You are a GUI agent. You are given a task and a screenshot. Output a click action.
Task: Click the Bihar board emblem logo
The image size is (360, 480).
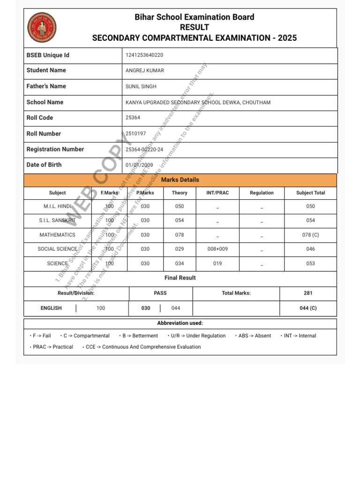42,28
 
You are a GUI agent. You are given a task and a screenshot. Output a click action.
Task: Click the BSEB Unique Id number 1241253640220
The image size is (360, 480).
144,55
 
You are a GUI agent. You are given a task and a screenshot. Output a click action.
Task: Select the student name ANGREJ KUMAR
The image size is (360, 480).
145,71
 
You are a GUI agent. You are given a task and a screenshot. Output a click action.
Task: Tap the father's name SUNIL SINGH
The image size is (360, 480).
141,87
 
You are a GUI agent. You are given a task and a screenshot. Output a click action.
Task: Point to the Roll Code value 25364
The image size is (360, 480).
133,118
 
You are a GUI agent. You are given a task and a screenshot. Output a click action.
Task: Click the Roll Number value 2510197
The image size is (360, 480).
136,134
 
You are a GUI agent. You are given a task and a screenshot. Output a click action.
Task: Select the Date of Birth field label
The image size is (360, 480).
44,165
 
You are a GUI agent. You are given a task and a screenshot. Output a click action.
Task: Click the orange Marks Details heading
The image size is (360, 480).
180,180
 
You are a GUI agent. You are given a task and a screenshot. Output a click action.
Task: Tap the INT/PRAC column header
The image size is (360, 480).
217,193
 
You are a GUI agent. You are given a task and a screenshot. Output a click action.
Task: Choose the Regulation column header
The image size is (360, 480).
262,193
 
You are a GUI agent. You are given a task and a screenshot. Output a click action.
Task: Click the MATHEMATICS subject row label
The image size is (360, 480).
57,235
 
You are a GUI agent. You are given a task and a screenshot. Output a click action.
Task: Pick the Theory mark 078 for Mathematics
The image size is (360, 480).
180,235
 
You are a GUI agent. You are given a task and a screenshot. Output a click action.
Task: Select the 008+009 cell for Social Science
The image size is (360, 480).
217,249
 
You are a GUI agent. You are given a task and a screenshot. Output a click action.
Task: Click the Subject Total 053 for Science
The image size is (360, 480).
310,264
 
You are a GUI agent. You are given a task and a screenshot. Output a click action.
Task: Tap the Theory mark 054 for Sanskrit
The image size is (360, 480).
180,220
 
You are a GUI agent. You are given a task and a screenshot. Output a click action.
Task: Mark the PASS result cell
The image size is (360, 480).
160,293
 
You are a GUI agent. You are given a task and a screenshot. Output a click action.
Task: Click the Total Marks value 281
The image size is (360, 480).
308,293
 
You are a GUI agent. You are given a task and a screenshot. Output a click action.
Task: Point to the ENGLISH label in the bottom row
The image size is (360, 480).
51,308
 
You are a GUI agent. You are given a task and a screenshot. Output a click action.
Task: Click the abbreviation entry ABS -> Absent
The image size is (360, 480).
255,336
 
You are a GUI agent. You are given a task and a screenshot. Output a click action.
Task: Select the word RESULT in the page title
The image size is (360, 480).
195,28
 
